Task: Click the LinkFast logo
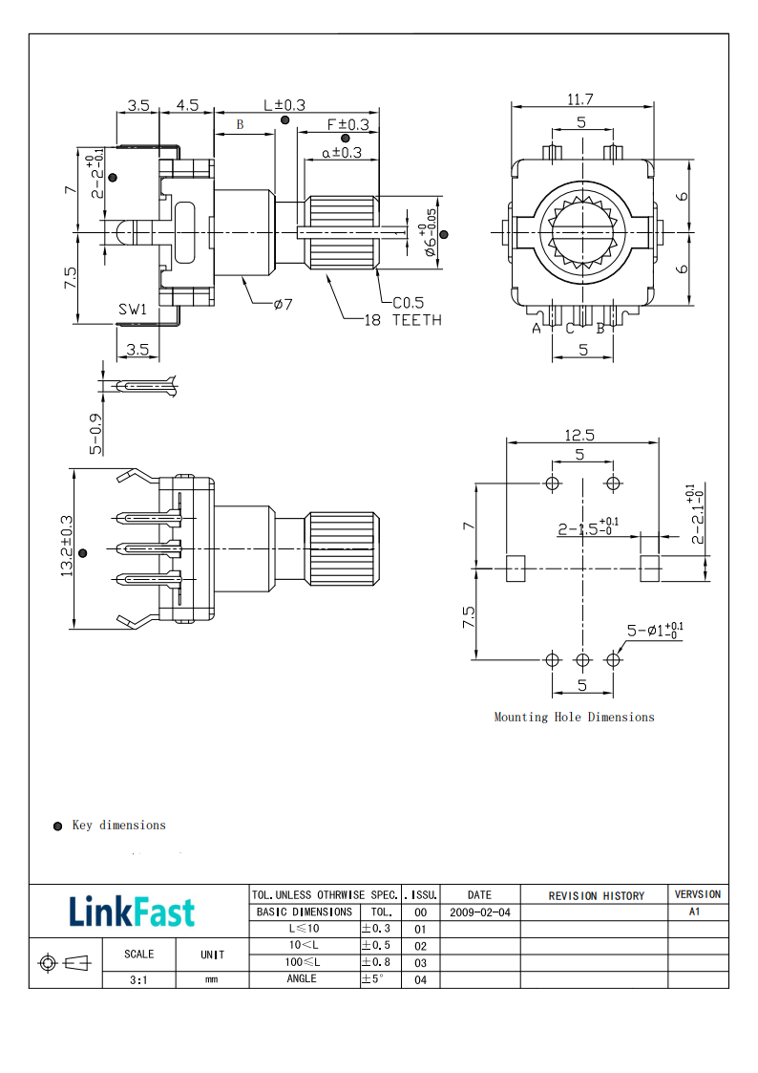coord(132,912)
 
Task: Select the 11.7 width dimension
coord(580,98)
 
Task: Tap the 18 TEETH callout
coord(403,320)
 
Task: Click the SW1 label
coord(133,310)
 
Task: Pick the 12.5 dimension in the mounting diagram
coord(580,435)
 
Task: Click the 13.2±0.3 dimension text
coord(68,547)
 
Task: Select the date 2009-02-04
coord(479,912)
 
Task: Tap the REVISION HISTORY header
coord(596,896)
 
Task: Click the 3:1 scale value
coord(139,979)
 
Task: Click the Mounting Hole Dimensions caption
coord(574,717)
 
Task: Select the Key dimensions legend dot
coord(57,826)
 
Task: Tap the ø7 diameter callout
coord(283,304)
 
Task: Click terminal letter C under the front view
coord(570,329)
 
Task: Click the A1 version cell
coord(696,912)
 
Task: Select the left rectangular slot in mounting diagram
coord(515,569)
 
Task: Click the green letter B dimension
coord(241,125)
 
